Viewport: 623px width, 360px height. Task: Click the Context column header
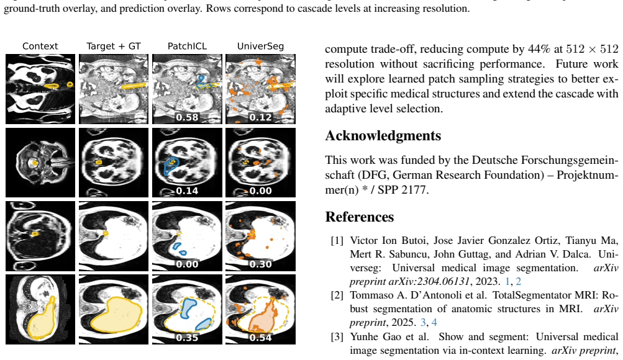[x=40, y=46]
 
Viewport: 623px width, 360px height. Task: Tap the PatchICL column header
[x=187, y=46]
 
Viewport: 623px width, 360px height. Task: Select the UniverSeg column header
[x=261, y=46]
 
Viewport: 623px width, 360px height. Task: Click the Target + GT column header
[x=114, y=46]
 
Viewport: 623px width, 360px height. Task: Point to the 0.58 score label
[x=187, y=117]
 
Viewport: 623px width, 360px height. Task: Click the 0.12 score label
[x=261, y=117]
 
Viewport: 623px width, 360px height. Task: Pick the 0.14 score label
[x=187, y=191]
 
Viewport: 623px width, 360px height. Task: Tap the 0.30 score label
[x=261, y=264]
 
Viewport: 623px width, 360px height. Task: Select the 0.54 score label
[x=261, y=338]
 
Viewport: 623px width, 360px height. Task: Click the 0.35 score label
[x=187, y=338]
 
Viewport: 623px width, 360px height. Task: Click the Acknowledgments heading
[x=383, y=136]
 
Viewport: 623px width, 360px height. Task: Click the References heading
[x=360, y=217]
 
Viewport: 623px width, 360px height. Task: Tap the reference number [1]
[x=337, y=241]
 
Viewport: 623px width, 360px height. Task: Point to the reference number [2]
[x=337, y=295]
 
